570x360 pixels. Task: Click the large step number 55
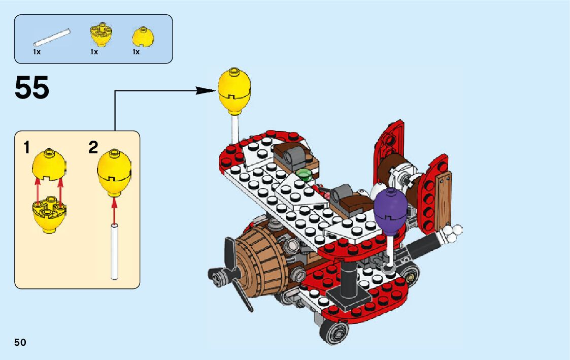(x=32, y=88)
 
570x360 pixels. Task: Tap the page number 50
(x=20, y=342)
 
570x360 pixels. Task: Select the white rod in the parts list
(x=51, y=38)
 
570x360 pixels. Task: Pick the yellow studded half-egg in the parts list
(x=101, y=34)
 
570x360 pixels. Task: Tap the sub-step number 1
(x=27, y=148)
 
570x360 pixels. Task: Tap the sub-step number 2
(x=93, y=148)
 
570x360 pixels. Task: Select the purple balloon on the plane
(x=391, y=209)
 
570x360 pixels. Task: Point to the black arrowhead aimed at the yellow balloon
(x=206, y=90)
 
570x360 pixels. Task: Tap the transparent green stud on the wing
(x=304, y=175)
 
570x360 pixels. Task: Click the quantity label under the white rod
(x=37, y=52)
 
